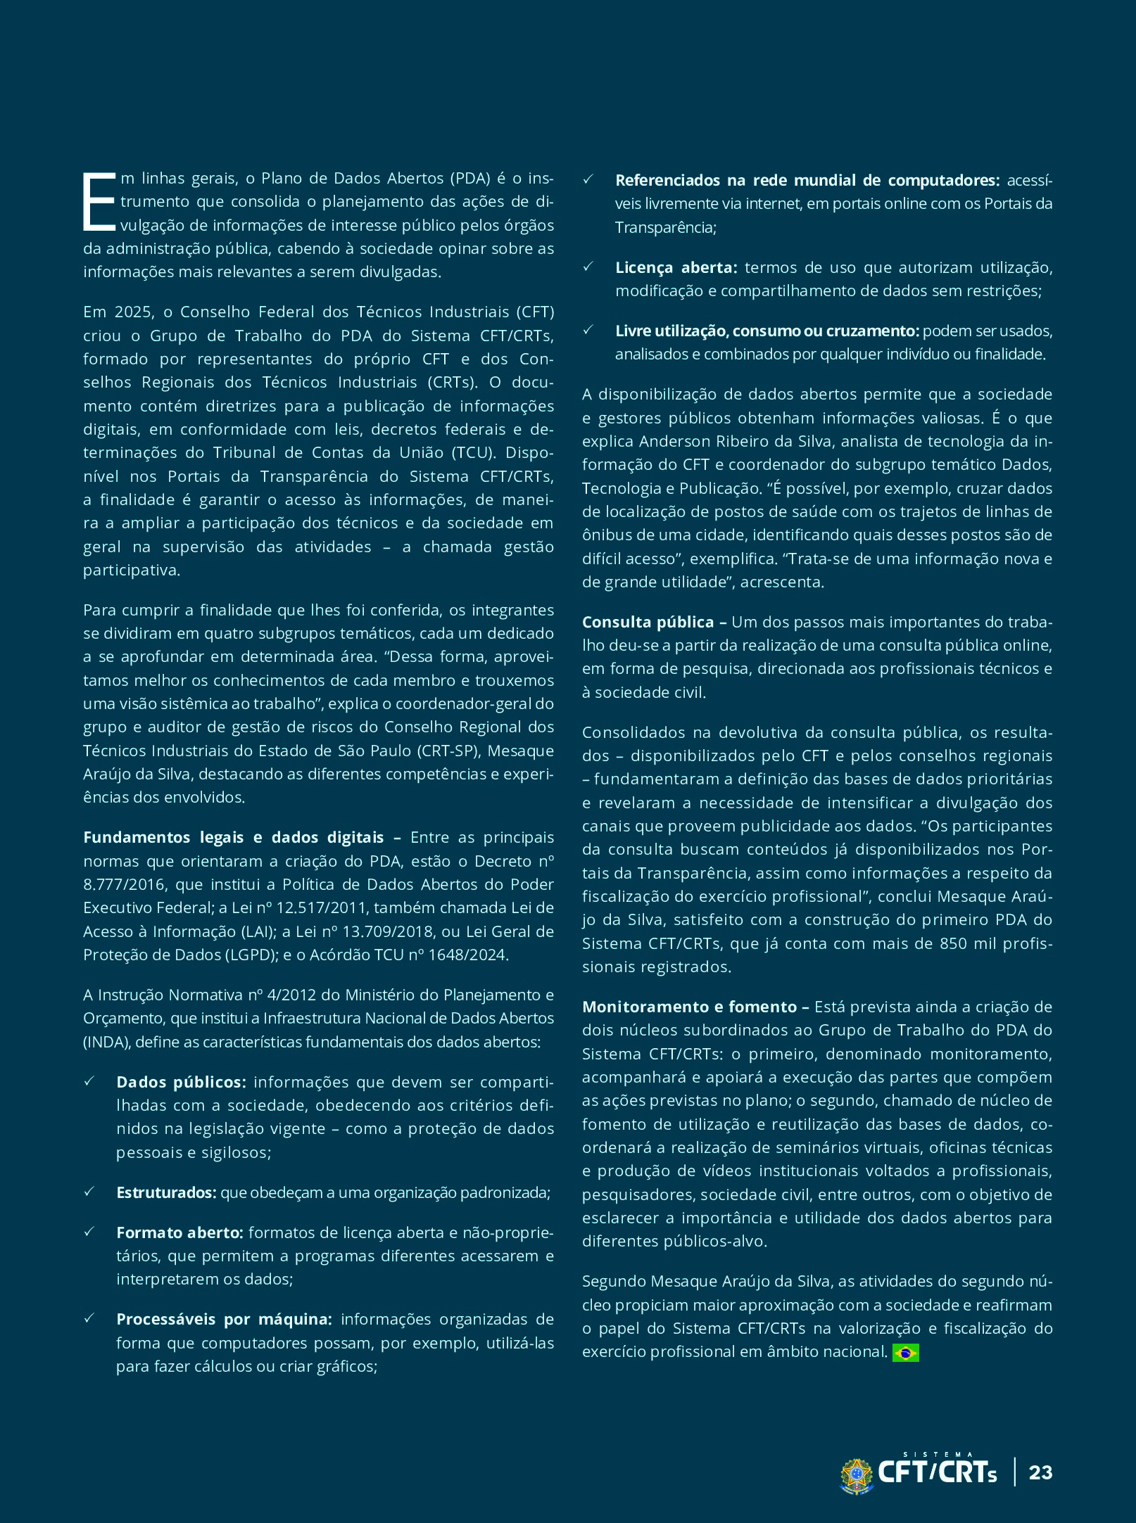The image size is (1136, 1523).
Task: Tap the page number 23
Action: click(1040, 1472)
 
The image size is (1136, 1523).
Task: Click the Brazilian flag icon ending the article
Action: click(905, 1352)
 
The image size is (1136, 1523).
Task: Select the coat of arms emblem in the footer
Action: click(857, 1474)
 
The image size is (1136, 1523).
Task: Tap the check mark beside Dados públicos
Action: click(89, 1081)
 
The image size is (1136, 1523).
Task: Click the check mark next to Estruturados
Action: click(89, 1192)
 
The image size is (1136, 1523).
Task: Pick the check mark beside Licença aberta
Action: click(588, 267)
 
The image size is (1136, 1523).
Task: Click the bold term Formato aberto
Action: click(179, 1232)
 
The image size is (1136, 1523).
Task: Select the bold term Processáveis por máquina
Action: click(224, 1319)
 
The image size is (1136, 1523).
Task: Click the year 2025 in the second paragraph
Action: click(133, 312)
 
